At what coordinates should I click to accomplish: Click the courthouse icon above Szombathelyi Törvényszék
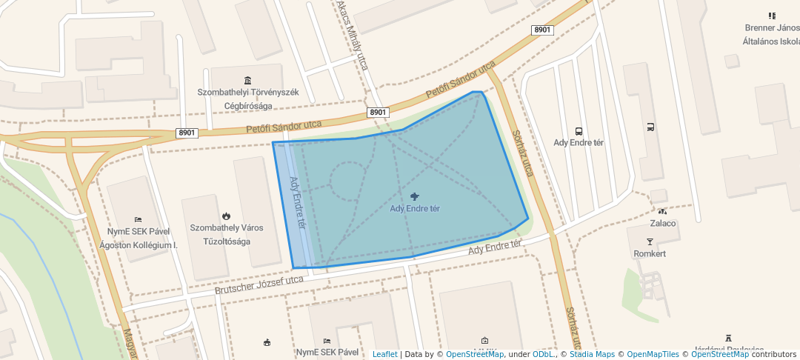tap(247, 80)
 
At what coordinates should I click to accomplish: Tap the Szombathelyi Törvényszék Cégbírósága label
tap(247, 99)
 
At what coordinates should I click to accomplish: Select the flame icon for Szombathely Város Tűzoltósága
tap(225, 216)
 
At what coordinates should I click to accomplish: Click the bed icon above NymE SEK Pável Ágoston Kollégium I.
tap(138, 220)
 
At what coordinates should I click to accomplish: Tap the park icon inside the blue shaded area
tap(414, 196)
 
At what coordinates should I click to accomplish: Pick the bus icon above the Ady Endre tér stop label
tap(579, 130)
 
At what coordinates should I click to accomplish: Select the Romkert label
tap(650, 253)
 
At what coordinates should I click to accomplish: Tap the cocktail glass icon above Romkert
tap(650, 241)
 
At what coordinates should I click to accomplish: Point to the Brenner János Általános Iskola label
tap(771, 35)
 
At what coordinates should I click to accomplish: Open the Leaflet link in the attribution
tap(384, 354)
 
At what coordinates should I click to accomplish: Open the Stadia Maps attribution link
tap(592, 354)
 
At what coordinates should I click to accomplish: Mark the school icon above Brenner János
tap(772, 16)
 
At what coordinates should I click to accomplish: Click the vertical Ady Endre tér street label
tap(297, 201)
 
